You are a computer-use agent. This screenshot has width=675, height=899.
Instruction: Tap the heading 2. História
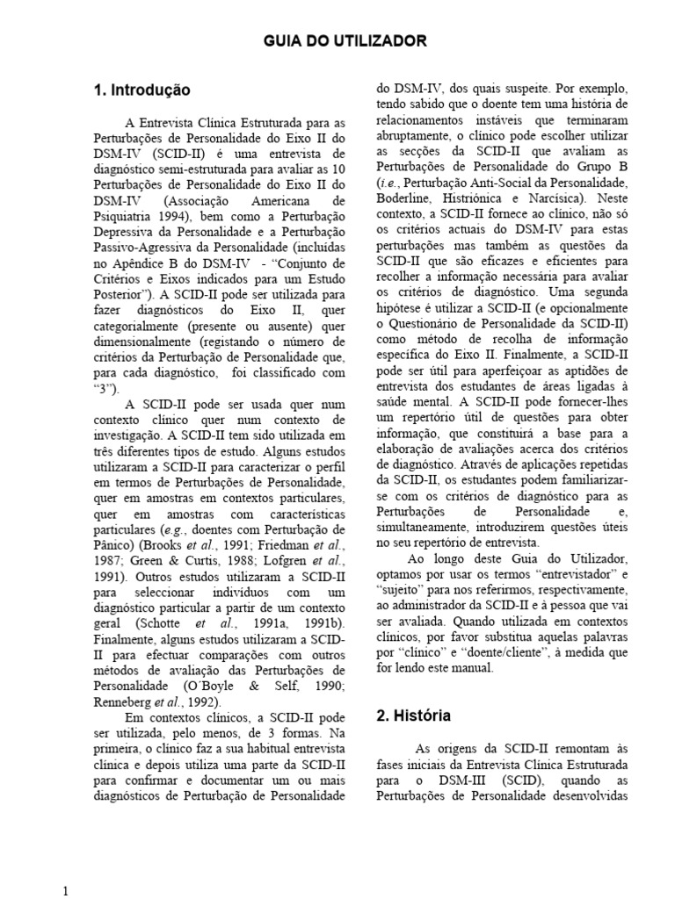click(x=414, y=716)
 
